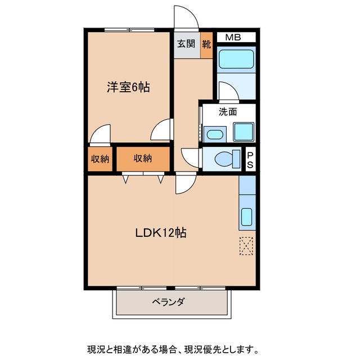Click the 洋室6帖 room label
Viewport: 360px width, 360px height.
[x=128, y=88]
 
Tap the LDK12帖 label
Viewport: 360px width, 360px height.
[x=160, y=232]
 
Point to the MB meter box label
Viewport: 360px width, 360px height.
[x=233, y=38]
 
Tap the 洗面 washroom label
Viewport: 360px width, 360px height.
[x=228, y=111]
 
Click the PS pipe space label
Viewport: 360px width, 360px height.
[x=250, y=159]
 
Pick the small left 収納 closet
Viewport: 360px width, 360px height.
[x=100, y=159]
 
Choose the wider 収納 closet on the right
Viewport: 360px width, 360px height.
[x=143, y=159]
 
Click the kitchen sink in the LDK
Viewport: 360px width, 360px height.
[x=247, y=217]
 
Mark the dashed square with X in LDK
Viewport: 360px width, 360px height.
[x=247, y=245]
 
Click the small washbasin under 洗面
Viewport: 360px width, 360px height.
[x=214, y=134]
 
